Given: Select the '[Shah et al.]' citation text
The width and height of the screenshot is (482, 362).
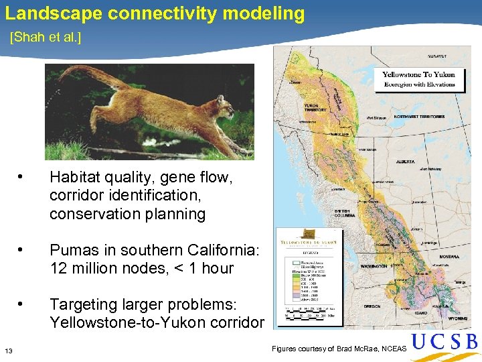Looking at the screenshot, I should (46, 38).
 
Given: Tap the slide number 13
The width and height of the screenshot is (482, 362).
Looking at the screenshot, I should (9, 351).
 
